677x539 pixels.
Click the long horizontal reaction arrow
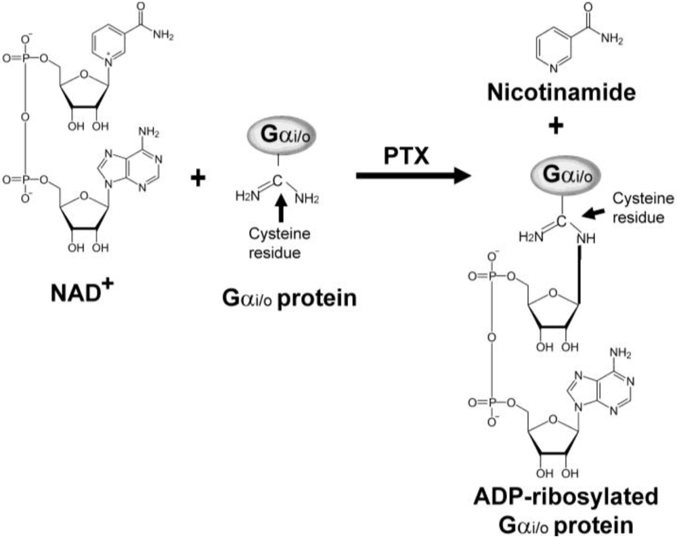pyautogui.click(x=413, y=176)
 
